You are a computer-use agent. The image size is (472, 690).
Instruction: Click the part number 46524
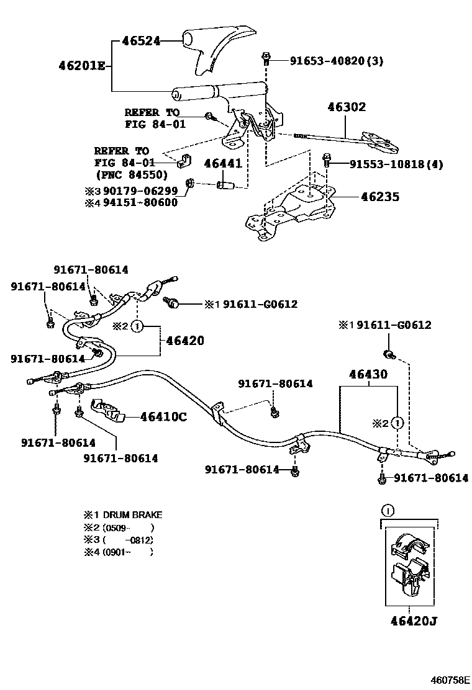(x=141, y=41)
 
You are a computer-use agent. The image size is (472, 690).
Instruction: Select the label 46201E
(x=82, y=65)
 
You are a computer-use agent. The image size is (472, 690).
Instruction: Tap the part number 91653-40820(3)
(x=337, y=61)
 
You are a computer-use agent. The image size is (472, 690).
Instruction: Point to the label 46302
(x=347, y=107)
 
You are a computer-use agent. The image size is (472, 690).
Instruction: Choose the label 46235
(x=380, y=197)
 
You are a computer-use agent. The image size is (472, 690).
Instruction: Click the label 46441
(x=224, y=164)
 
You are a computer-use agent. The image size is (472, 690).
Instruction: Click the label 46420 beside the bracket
(x=185, y=341)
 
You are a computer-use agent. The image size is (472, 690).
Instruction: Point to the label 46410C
(x=163, y=417)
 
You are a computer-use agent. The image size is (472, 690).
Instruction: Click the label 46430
(x=368, y=374)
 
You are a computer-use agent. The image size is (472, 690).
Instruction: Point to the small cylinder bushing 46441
(x=224, y=185)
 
